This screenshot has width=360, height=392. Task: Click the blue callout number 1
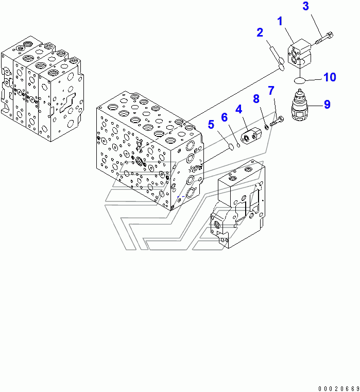click(280, 22)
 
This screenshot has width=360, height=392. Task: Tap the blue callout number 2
click(260, 33)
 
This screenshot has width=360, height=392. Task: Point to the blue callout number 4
click(238, 109)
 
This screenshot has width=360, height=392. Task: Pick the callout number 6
click(225, 117)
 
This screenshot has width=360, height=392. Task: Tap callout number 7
click(271, 92)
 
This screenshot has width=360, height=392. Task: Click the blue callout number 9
click(327, 105)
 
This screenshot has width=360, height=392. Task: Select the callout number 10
click(329, 77)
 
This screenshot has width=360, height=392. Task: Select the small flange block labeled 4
click(252, 135)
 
